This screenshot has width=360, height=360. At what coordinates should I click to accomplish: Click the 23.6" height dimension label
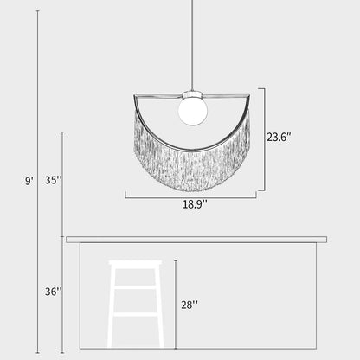pos(279,137)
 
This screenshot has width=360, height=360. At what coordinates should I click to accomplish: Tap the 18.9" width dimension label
pos(194,204)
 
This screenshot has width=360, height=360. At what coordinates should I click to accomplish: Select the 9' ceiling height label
pos(29,181)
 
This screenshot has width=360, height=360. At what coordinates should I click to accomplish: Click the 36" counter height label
pos(53,292)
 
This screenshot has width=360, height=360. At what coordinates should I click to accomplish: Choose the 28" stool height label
pos(189,304)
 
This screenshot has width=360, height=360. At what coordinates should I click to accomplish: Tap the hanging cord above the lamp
pos(192,43)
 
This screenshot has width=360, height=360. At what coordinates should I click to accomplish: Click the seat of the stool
pos(136,264)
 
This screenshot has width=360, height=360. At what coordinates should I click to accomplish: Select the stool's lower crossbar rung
pos(136,314)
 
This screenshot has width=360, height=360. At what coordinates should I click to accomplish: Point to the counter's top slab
pos(196,239)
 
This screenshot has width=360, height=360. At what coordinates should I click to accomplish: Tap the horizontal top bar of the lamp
pos(156,95)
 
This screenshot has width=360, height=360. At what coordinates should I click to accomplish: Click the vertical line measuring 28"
pos(176,304)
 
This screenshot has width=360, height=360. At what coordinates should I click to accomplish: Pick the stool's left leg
pos(112,307)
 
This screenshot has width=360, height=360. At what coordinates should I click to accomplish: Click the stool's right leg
pos(159,307)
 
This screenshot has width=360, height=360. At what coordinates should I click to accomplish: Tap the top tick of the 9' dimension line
pos(38,11)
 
